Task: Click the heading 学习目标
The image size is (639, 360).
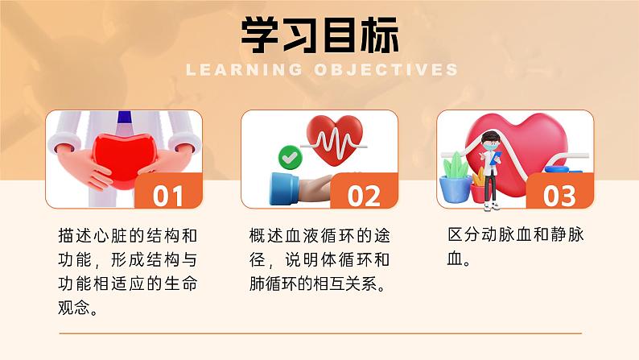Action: pos(319,34)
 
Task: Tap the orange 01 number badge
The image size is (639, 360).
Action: pos(167,195)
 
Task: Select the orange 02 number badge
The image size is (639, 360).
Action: pos(363,195)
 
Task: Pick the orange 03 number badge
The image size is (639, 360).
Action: pos(559,195)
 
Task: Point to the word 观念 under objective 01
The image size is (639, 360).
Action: pos(79,307)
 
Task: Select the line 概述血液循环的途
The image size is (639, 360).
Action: pos(319,236)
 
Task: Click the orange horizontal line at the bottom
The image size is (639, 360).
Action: pos(319,333)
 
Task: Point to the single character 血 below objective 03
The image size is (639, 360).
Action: pos(456,260)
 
